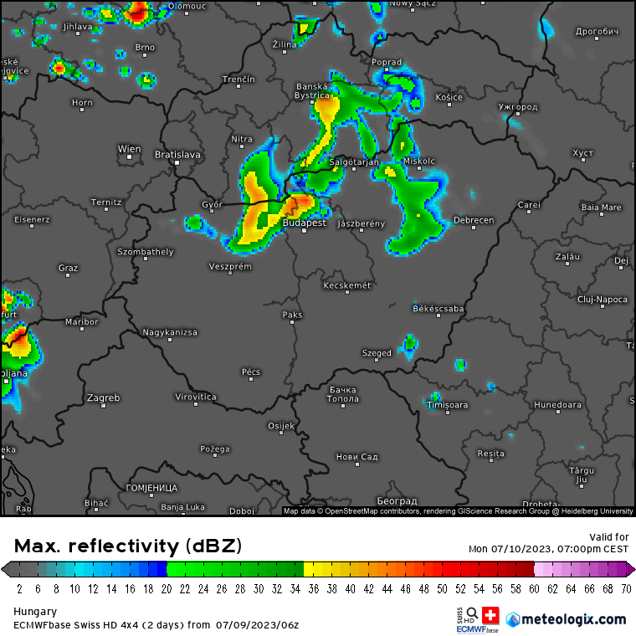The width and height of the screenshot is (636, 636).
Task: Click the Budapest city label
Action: (x=304, y=223)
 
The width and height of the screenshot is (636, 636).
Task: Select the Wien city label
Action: (x=129, y=149)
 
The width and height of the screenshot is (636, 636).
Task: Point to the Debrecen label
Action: (x=473, y=220)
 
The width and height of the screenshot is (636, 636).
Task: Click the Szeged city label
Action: (x=377, y=353)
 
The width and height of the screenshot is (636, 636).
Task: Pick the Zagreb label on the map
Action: (x=104, y=397)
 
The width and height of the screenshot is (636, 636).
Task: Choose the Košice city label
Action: (x=449, y=97)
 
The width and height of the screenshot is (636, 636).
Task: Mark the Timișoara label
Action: (x=447, y=405)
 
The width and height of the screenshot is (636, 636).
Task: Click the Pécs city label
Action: (x=250, y=372)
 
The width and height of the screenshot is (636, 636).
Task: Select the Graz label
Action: (x=68, y=268)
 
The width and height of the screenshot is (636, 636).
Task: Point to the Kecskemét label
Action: (x=346, y=285)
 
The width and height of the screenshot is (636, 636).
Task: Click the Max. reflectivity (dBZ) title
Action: (x=128, y=546)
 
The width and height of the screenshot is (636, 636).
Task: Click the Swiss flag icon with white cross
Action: (x=490, y=616)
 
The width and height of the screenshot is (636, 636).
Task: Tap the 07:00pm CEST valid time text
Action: (x=592, y=549)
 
